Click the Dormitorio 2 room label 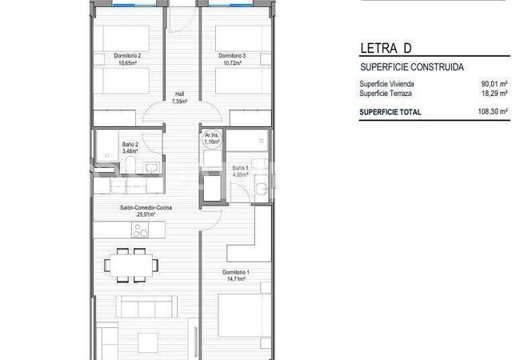(127, 56)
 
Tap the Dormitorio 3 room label (232, 56)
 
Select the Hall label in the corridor (179, 94)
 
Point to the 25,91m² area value (146, 214)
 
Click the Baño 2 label (130, 145)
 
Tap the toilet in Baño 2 (131, 165)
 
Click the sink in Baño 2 (152, 166)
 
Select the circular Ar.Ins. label (212, 138)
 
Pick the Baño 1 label (240, 168)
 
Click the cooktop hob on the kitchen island (140, 230)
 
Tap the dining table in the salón (131, 265)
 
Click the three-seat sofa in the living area (146, 306)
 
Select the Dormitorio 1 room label (236, 272)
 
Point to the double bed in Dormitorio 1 (245, 315)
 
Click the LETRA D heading (386, 48)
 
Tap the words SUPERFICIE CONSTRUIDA (412, 67)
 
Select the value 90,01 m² (494, 84)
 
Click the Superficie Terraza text (386, 94)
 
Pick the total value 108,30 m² (493, 112)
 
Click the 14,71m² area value (236, 279)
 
